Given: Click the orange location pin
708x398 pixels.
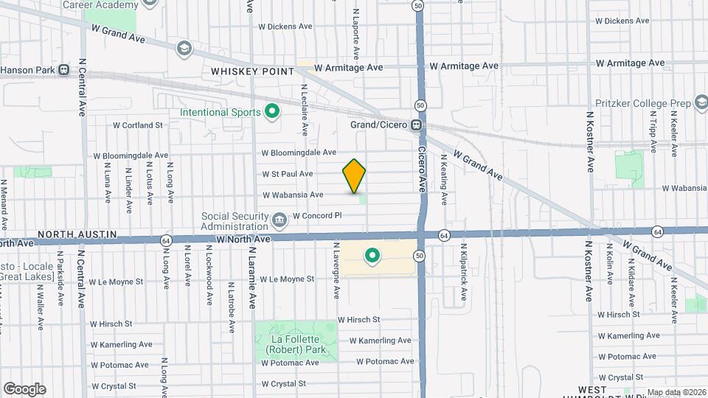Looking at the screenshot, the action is click(x=354, y=175).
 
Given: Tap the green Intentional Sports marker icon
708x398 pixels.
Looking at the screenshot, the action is click(x=271, y=113).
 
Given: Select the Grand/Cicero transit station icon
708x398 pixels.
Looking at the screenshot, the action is click(x=417, y=125).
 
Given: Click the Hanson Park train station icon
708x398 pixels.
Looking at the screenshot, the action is click(x=64, y=71).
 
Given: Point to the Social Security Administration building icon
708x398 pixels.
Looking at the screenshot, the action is click(x=279, y=219).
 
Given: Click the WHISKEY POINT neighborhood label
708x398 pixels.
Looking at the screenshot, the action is click(x=252, y=71).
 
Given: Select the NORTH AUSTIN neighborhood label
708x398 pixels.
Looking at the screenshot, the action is click(x=77, y=234).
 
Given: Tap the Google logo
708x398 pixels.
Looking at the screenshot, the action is click(x=24, y=388).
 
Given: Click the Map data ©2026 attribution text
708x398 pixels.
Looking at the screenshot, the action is click(x=676, y=392).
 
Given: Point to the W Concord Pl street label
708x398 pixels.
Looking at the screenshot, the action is click(x=318, y=216).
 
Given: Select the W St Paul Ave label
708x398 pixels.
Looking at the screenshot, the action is click(x=287, y=174).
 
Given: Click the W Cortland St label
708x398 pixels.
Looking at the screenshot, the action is click(x=137, y=125).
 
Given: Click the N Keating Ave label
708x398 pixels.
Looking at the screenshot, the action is click(x=443, y=179).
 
